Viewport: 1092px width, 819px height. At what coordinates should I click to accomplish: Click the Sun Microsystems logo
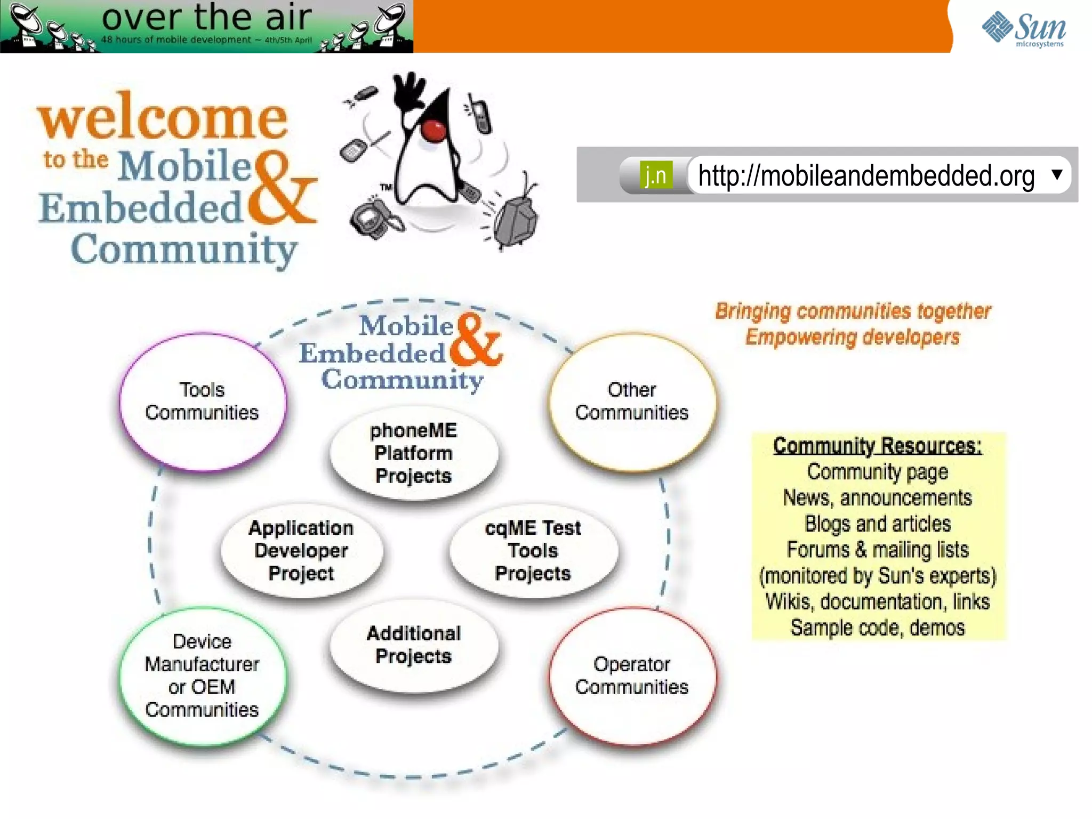pyautogui.click(x=1023, y=29)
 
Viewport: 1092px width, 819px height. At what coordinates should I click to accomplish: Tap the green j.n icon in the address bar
pyautogui.click(x=655, y=175)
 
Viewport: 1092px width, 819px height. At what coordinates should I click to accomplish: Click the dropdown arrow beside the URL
pyautogui.click(x=1056, y=174)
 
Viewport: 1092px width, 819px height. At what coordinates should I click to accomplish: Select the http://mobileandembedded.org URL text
pyautogui.click(x=866, y=175)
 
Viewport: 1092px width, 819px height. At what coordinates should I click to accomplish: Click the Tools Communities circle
pyautogui.click(x=202, y=402)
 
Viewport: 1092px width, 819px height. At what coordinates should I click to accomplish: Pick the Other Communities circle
pyautogui.click(x=632, y=402)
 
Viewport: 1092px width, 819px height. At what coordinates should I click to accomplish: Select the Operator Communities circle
pyautogui.click(x=632, y=676)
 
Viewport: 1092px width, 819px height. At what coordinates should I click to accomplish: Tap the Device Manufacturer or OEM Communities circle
pyautogui.click(x=202, y=676)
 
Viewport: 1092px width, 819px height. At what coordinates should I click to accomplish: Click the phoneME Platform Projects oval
pyautogui.click(x=413, y=453)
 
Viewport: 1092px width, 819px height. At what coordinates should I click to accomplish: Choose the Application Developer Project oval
pyautogui.click(x=301, y=550)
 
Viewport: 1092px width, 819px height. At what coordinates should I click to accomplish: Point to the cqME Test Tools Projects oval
pyautogui.click(x=533, y=550)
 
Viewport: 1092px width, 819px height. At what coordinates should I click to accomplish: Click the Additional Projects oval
pyautogui.click(x=413, y=645)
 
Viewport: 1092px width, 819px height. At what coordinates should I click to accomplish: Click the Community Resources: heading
pyautogui.click(x=877, y=446)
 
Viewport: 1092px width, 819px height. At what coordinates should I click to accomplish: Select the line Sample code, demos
pyautogui.click(x=877, y=628)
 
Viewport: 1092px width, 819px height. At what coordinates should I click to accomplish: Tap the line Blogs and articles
pyautogui.click(x=877, y=524)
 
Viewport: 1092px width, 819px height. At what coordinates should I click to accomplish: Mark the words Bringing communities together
pyautogui.click(x=853, y=311)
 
